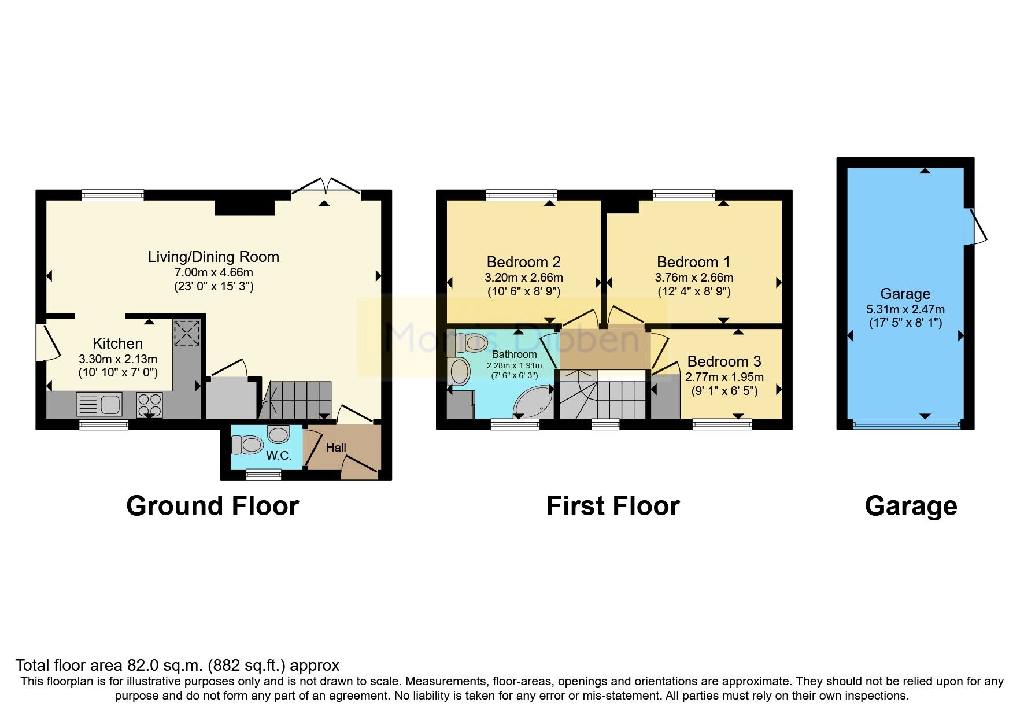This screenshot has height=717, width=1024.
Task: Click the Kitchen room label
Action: (117, 343)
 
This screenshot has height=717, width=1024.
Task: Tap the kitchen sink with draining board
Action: (99, 404)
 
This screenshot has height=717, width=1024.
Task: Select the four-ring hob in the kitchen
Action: (149, 404)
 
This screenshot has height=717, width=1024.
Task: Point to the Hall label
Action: (336, 448)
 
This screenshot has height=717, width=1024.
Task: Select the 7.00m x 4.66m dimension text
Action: (213, 272)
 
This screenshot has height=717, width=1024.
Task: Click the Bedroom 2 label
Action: (523, 262)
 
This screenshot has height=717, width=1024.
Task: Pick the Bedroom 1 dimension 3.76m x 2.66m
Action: (694, 278)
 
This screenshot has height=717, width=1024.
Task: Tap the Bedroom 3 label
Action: (724, 361)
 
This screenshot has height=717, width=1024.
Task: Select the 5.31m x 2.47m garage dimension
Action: (905, 309)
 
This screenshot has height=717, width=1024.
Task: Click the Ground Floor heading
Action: (212, 506)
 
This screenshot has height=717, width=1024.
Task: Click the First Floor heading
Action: (613, 506)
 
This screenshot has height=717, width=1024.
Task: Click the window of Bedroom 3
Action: (722, 425)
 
